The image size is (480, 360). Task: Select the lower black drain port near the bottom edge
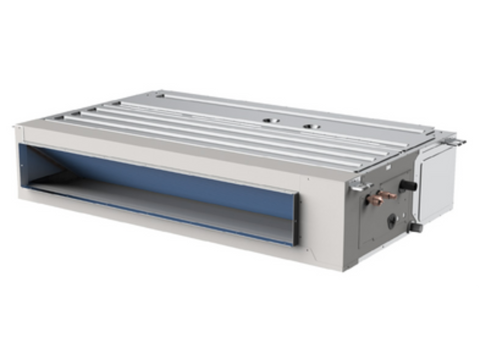[415, 227]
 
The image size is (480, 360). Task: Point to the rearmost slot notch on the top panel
[160, 96]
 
